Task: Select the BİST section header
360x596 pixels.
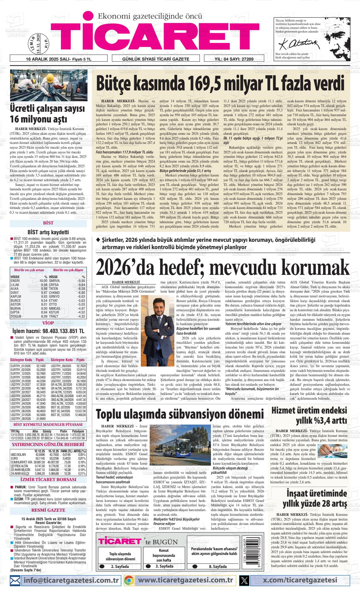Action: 48,223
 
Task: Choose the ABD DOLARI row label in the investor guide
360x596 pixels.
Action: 18,455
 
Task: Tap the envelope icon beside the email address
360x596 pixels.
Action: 15,580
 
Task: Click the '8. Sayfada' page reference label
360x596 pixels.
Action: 218,566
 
